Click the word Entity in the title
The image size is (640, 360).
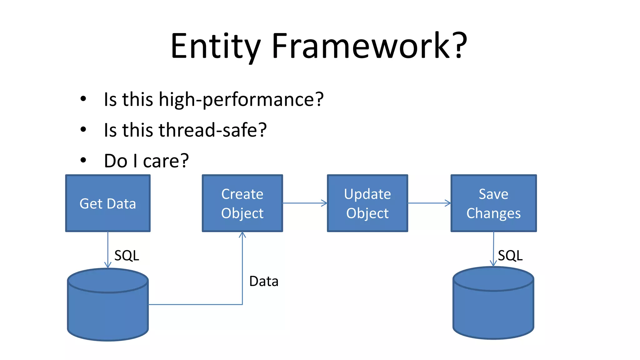click(x=216, y=46)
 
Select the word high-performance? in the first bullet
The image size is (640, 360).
click(x=241, y=99)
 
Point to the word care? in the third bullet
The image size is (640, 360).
click(x=166, y=161)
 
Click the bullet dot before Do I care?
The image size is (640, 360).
click(x=83, y=160)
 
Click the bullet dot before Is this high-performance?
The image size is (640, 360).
click(x=83, y=99)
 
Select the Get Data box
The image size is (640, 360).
click(x=108, y=203)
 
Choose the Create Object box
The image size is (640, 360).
click(x=242, y=203)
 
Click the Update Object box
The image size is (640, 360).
click(x=367, y=203)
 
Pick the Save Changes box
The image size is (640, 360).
click(x=493, y=203)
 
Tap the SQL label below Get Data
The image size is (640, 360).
click(x=127, y=256)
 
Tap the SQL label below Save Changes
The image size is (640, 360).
click(x=510, y=256)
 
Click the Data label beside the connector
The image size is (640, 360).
click(x=263, y=281)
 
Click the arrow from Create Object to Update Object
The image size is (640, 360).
click(x=305, y=203)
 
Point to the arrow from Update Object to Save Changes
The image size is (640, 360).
click(x=429, y=203)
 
